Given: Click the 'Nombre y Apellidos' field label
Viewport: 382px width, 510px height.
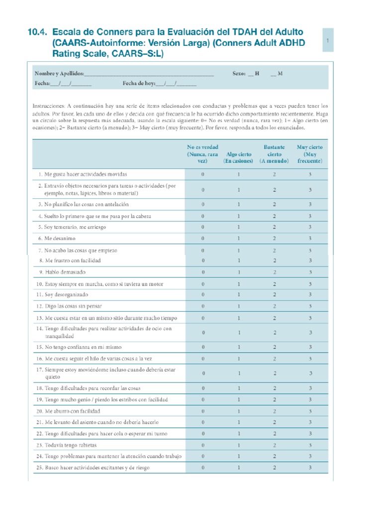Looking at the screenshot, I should coord(59,73).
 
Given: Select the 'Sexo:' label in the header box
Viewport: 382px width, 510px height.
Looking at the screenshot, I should coord(239,73).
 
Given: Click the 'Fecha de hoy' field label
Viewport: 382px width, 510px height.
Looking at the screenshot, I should coord(139,84).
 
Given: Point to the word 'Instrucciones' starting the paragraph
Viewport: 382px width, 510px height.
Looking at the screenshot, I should coord(48,107).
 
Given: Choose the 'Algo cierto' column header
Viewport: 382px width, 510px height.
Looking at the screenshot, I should coord(239,158).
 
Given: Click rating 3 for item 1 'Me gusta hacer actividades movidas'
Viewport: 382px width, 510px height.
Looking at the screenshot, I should coord(310,175).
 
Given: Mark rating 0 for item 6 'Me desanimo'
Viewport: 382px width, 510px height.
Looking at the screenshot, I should coord(202,239).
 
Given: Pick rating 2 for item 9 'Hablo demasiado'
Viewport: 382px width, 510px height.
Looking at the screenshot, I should coord(274,272).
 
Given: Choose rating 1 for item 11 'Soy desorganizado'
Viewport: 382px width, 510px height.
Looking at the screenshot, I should coord(239,295).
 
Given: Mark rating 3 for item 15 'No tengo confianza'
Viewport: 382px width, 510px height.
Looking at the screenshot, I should coord(310,347).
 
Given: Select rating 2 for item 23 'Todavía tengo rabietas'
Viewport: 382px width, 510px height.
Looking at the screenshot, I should coord(274,445).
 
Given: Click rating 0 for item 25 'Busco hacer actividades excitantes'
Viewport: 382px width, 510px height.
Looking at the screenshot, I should coord(202,468).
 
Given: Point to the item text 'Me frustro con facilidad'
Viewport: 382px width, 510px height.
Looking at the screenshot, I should coord(73,260).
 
